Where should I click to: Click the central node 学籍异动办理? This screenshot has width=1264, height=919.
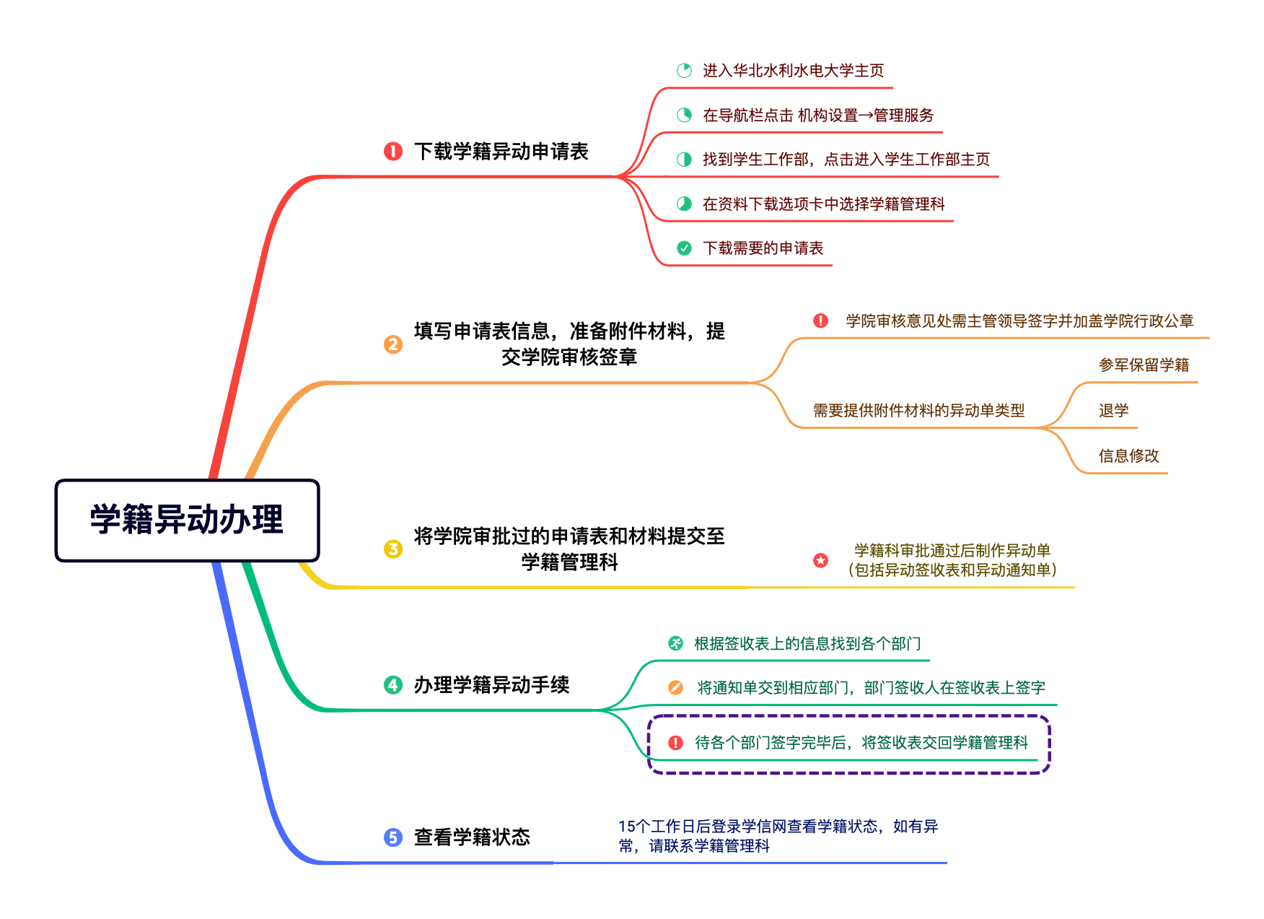point(187,520)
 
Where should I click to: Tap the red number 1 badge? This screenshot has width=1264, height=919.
point(393,151)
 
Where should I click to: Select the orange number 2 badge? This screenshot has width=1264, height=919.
point(393,344)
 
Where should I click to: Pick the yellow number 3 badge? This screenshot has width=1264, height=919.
point(393,549)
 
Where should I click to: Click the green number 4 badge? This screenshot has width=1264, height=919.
point(393,684)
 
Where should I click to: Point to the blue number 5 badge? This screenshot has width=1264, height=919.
point(393,837)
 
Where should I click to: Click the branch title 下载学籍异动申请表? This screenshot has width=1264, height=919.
point(501,151)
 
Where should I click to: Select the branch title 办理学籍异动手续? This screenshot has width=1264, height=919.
point(492,684)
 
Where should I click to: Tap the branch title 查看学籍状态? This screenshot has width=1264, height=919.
point(473,837)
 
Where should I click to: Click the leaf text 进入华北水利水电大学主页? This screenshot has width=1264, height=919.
point(794,70)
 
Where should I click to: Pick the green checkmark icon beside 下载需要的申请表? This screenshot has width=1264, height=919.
point(685,248)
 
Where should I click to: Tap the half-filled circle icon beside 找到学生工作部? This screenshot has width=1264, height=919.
point(685,160)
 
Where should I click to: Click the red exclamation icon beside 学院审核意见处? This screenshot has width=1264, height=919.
point(821,321)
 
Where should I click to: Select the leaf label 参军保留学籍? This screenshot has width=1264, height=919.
point(1144,365)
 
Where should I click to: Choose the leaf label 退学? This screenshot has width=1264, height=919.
point(1114,411)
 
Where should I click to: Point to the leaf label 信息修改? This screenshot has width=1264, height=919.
point(1129,456)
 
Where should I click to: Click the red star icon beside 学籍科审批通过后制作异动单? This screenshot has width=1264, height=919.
point(821,560)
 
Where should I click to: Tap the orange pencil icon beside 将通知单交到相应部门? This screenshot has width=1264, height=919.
point(676,687)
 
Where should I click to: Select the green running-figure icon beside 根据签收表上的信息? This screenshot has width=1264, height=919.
point(676,643)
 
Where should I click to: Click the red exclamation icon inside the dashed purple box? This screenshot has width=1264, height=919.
point(676,743)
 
